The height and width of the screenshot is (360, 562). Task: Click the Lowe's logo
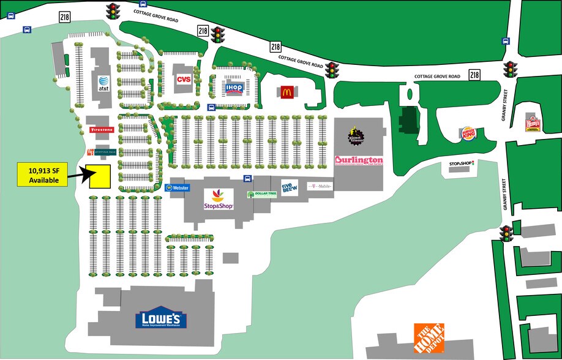point(161,318)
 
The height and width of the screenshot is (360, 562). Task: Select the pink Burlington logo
point(358,160)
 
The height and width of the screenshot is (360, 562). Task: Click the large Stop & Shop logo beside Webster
point(219,200)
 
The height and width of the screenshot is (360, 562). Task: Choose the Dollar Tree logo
point(262,194)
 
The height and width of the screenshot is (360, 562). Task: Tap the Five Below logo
point(289,186)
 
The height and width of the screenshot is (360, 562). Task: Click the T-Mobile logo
point(319,186)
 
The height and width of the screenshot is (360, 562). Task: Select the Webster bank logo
point(178,188)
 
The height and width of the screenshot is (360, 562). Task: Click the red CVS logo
point(184,80)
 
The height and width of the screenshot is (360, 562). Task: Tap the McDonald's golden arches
point(286,92)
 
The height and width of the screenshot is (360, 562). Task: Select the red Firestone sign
point(102,130)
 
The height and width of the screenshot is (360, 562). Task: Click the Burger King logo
point(468,134)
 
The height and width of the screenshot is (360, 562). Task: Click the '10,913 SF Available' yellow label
point(43,175)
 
